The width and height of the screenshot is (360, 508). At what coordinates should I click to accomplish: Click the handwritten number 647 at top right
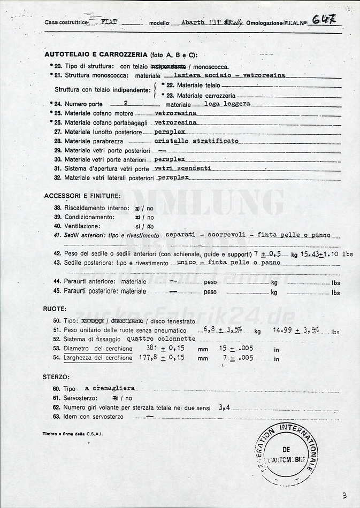(324, 20)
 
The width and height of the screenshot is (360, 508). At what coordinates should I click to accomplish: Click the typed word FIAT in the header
(110, 23)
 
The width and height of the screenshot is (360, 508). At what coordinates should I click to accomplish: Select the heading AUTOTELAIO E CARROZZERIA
(96, 55)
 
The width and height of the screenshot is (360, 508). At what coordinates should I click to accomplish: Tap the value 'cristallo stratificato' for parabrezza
(196, 141)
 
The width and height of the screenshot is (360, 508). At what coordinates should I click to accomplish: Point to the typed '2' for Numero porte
(125, 104)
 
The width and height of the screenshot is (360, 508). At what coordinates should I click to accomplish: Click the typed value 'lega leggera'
(227, 104)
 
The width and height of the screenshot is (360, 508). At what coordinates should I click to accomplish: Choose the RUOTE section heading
(55, 309)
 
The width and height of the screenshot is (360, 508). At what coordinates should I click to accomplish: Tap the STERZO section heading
(56, 377)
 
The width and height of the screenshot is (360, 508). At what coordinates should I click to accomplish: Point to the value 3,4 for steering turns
(224, 407)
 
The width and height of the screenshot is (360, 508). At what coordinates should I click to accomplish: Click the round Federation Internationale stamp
(287, 450)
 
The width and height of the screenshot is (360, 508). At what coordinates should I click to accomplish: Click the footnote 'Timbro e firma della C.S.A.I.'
(72, 434)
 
